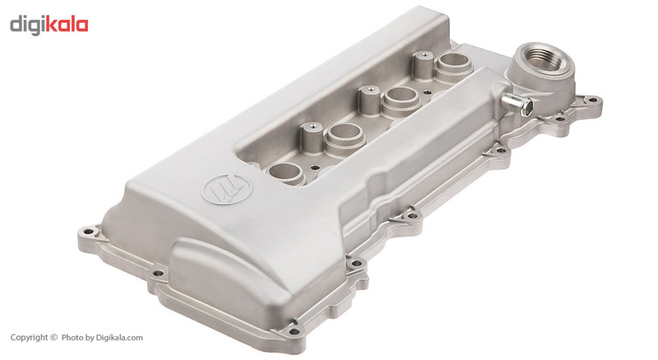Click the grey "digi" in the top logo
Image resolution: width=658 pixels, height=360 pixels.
(x=27, y=25)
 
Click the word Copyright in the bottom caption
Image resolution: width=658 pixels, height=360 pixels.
(x=30, y=337)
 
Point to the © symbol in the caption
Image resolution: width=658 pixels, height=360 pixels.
(x=53, y=337)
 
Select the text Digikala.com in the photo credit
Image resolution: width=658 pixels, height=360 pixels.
(x=119, y=337)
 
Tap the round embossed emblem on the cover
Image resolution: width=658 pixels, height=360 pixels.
(x=227, y=189)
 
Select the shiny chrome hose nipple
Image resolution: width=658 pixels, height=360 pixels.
(x=517, y=104)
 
